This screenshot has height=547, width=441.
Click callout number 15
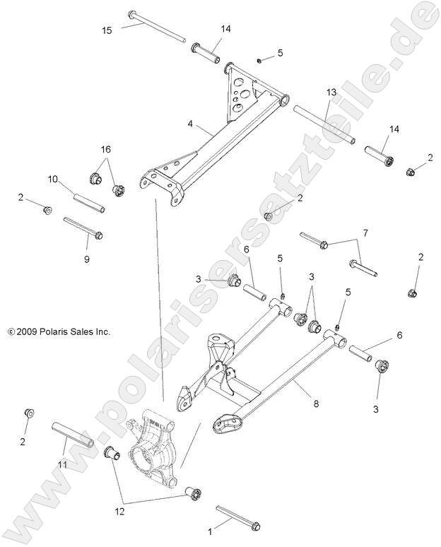point(107,30)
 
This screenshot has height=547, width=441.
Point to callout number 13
point(331,93)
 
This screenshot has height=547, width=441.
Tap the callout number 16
point(105,149)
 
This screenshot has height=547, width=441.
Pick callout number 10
point(53,179)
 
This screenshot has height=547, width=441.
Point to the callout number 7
point(365,233)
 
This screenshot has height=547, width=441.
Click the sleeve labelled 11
point(72,435)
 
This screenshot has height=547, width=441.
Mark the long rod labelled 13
point(324,124)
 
